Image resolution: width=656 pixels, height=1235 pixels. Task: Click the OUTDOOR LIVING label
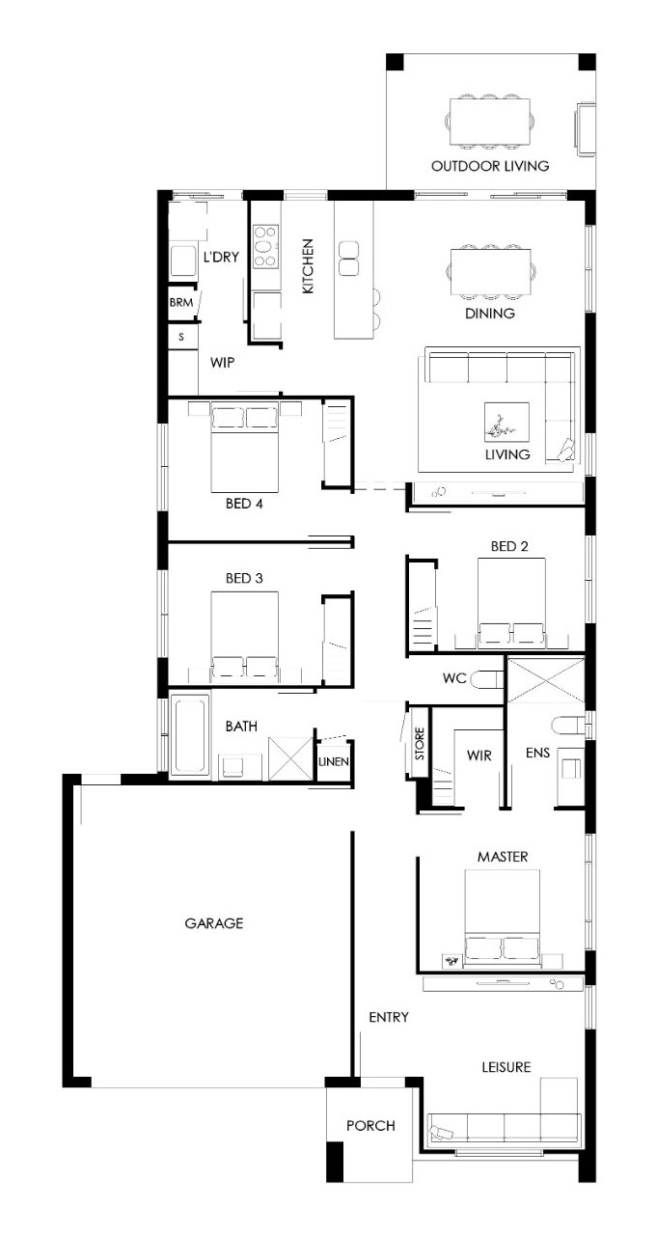coord(489,166)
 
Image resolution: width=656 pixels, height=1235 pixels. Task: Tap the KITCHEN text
coord(308,265)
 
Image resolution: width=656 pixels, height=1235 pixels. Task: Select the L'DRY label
coord(221,257)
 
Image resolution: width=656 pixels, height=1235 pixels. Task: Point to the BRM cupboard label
coord(181,303)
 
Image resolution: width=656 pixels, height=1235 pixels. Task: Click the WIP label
coord(222,362)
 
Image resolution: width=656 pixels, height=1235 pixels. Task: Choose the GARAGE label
coord(214,923)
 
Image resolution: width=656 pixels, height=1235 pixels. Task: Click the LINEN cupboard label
coord(334,762)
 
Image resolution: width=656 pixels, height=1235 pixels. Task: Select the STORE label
coord(420,744)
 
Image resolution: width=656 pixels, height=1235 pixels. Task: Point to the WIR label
coord(478,755)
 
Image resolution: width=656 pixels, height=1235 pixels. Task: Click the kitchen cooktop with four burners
coord(265,246)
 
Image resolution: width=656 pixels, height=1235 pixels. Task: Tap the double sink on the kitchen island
coord(349,258)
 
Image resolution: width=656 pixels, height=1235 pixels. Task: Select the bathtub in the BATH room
coord(190,734)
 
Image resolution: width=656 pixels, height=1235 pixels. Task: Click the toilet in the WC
coord(487,679)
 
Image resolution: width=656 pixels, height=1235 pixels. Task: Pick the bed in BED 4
coord(244,448)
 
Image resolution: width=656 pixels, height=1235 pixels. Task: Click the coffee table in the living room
coord(506,422)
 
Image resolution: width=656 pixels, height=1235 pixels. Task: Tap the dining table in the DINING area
coord(491,272)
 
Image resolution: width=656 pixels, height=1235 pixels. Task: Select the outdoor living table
coord(490,122)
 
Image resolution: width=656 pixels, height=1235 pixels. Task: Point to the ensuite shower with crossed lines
coord(545,680)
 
